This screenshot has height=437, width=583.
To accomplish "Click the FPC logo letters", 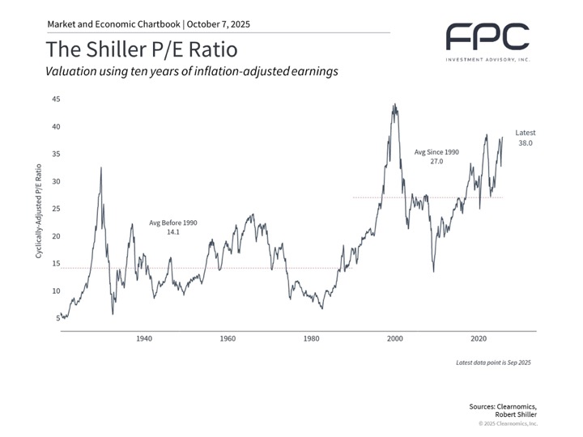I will click(x=488, y=36).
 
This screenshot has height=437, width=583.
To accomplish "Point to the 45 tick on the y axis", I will click(x=56, y=99).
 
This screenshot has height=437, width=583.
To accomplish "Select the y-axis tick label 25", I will click(x=56, y=209).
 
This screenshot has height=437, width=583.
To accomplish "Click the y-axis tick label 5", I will click(x=58, y=318).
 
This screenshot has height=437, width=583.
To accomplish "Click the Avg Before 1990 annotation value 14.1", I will click(x=172, y=231).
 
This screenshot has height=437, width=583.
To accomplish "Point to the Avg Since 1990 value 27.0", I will click(x=436, y=162).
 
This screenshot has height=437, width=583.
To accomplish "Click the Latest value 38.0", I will click(x=526, y=143).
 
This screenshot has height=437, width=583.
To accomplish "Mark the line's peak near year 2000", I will click(x=394, y=104).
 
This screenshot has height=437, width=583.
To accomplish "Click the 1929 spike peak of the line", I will click(x=100, y=168).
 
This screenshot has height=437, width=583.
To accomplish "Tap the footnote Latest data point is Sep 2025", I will click(x=493, y=364).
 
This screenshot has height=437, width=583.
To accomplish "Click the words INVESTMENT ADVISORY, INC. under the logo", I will click(x=487, y=59).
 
